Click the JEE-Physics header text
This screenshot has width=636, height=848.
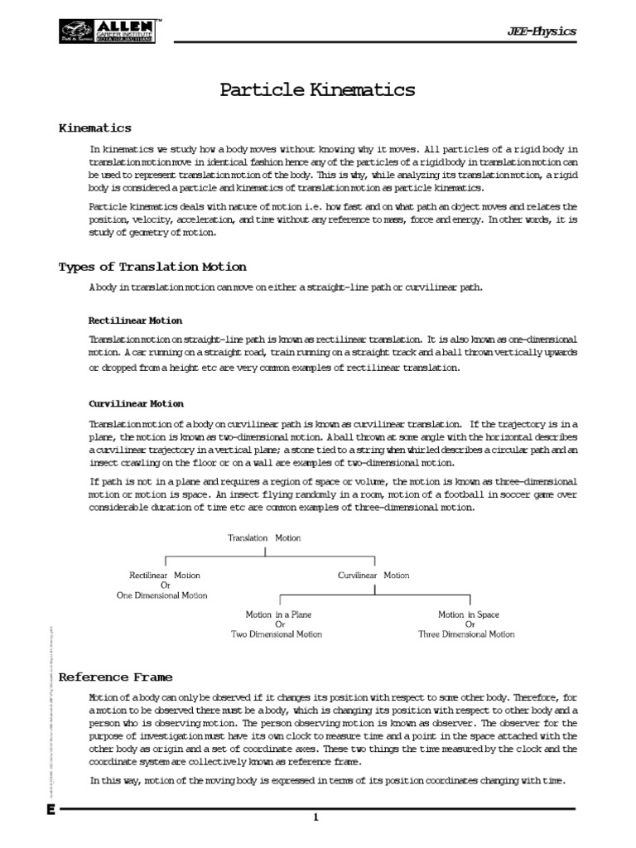(x=541, y=31)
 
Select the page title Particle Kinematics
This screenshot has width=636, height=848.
(x=317, y=90)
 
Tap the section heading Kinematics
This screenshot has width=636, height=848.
(x=94, y=128)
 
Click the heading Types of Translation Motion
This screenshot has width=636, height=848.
(x=152, y=267)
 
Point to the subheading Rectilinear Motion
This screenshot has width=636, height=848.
(x=135, y=320)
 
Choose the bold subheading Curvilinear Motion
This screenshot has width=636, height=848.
(x=136, y=403)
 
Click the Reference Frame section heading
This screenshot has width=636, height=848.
(x=115, y=677)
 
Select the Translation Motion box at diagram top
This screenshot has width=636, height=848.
(x=264, y=537)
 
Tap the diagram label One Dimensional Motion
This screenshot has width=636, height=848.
(x=162, y=595)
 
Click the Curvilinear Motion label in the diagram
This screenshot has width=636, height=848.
(x=373, y=575)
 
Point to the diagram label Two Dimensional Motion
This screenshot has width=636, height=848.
(x=277, y=634)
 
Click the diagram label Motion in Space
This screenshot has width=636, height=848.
(x=469, y=614)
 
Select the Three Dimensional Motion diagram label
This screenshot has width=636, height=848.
(x=466, y=634)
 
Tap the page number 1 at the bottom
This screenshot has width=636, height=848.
(x=316, y=818)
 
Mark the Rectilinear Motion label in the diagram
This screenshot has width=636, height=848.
(x=165, y=575)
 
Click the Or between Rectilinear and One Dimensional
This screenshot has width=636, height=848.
(x=165, y=585)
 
